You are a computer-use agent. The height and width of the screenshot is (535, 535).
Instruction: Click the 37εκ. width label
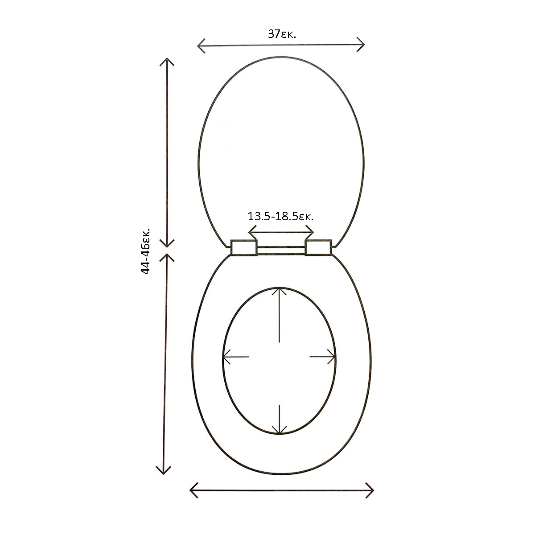tap(281, 34)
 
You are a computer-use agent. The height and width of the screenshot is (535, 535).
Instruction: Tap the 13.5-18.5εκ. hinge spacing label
tap(280, 216)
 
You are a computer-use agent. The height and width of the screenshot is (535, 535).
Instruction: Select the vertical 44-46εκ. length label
tap(145, 251)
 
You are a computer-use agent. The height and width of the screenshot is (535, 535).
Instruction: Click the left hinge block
tap(244, 247)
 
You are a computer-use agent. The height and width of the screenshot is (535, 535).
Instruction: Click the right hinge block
tap(318, 247)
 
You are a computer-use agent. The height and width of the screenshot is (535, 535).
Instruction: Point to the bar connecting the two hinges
tap(281, 250)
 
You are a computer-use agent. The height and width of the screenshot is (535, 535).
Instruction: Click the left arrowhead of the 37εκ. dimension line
tap(201, 45)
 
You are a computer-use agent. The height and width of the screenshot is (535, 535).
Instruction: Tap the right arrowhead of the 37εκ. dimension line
tap(361, 45)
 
